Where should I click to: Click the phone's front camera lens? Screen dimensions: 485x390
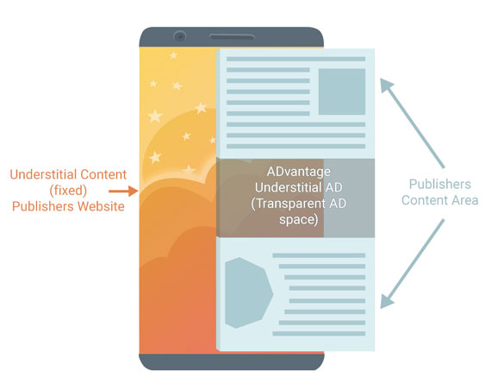click(180, 36)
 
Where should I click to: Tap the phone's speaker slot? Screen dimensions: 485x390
click(232, 37)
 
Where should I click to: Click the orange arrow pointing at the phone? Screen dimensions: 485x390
click(123, 192)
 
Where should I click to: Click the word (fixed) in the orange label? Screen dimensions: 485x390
click(68, 191)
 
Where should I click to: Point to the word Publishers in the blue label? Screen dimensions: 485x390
click(440, 184)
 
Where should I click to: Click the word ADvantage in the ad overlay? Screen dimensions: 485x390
click(298, 172)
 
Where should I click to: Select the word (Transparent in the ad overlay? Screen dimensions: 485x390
click(289, 204)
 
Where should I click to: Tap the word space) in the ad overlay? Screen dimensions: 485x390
click(298, 220)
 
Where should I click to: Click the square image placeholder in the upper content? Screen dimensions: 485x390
click(342, 91)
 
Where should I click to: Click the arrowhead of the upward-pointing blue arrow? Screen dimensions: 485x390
click(386, 85)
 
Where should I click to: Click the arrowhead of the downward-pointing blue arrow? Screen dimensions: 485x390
click(386, 301)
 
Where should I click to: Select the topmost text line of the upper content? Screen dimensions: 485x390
click(295, 59)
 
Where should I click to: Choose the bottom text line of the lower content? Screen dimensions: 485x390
click(319, 334)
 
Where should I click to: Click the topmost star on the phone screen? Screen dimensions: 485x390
click(173, 55)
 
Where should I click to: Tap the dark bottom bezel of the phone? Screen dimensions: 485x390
click(232, 362)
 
